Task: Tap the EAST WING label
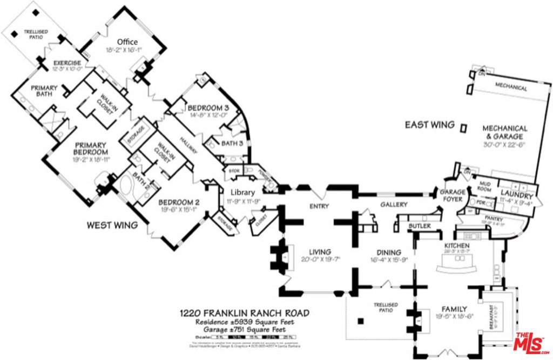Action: (x=430, y=125)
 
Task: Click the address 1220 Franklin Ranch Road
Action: (x=244, y=313)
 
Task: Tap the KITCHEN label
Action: (x=457, y=246)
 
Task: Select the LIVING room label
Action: (x=320, y=252)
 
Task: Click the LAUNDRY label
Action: (x=517, y=194)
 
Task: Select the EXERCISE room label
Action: (x=67, y=63)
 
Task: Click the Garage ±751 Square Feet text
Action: (x=244, y=330)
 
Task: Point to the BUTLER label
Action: (x=419, y=226)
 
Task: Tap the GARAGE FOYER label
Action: (x=453, y=195)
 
